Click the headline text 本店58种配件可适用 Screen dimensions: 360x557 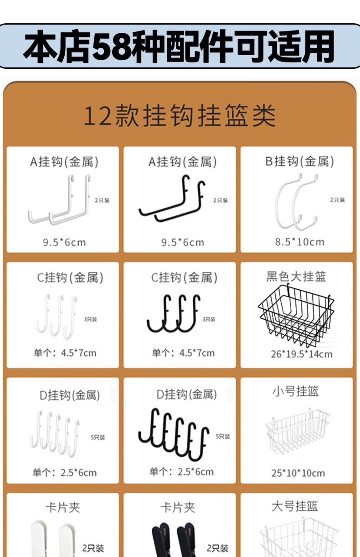point(179,46)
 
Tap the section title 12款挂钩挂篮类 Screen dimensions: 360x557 point(180,115)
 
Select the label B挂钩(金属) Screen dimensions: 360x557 point(299,162)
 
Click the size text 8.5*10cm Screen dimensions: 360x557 point(299,242)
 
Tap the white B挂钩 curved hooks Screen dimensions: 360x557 point(296,201)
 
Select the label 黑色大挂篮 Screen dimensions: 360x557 point(296,277)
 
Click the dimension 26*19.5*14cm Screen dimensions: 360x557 point(302,354)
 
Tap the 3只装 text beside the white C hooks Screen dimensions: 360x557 point(90,319)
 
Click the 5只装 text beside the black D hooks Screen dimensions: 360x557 point(223,436)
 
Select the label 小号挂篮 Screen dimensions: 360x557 point(296,391)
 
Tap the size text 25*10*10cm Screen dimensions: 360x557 point(298,473)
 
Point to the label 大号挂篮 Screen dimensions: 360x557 point(294,506)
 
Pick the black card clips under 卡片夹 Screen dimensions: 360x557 point(174,540)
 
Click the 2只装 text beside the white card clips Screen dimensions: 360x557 point(93,548)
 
